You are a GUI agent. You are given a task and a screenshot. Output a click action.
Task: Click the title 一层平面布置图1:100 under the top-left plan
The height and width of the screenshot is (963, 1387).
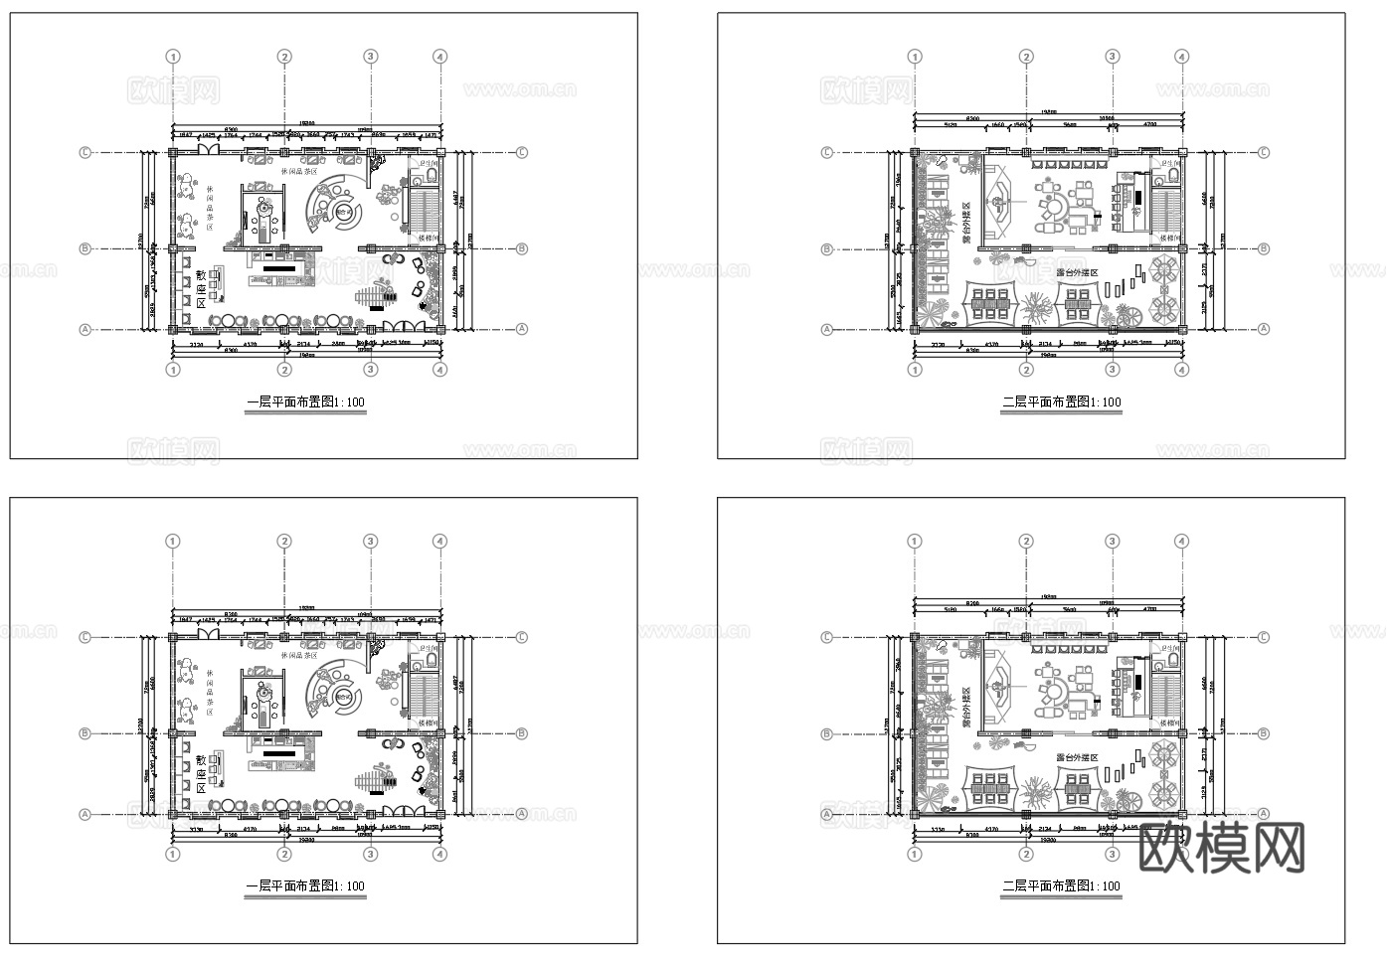305,402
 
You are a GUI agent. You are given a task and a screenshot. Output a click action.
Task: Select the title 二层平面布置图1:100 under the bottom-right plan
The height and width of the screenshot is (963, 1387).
1061,886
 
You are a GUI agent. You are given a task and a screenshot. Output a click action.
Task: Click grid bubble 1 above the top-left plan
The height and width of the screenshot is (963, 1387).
174,58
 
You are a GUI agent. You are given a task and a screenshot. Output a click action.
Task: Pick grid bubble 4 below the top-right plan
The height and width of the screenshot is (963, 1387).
1181,370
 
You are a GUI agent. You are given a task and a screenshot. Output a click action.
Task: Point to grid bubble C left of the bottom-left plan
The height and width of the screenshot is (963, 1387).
86,637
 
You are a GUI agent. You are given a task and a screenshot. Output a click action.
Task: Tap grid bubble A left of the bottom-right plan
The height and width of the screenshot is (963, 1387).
827,814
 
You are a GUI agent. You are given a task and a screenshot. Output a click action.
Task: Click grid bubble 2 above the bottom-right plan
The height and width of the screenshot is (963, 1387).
1026,542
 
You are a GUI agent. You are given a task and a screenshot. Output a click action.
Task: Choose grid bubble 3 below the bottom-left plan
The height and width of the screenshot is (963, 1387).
371,854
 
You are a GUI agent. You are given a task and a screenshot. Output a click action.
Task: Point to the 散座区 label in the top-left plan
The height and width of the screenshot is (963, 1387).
201,287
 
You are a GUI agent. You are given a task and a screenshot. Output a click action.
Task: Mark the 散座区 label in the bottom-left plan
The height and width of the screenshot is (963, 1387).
201,772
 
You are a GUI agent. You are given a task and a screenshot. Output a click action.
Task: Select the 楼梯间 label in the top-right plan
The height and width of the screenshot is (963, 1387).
1167,239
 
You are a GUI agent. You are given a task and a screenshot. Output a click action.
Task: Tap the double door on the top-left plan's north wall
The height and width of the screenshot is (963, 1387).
209,149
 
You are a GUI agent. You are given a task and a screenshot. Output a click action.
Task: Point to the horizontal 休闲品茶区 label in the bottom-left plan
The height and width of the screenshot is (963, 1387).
299,656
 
